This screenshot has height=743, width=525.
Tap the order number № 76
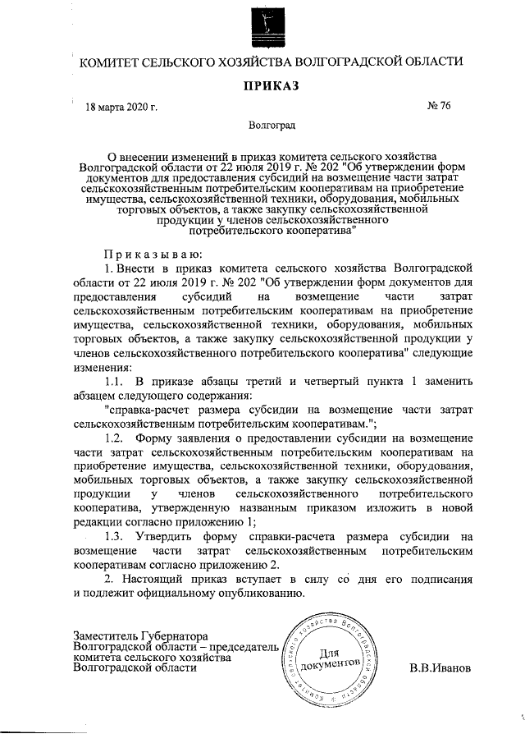[440, 106]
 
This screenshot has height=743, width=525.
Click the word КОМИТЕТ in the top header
[106, 62]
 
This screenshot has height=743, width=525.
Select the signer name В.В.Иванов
[441, 667]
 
